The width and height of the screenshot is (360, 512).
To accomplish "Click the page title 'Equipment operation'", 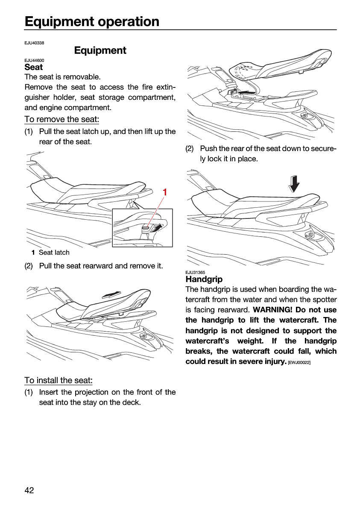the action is click(92, 22).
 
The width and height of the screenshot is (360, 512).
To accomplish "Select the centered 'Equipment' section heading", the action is click(100, 50).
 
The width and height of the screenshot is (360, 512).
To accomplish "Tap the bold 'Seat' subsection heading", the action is click(34, 67).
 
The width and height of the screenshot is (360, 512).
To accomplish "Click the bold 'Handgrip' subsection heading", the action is click(204, 279).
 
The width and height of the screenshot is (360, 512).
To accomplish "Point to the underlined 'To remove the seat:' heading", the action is click(62, 119).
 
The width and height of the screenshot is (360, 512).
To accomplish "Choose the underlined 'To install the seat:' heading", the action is click(59, 380).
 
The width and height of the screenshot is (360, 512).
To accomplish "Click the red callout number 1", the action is click(165, 192).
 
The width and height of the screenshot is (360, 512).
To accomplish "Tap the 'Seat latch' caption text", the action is click(54, 252).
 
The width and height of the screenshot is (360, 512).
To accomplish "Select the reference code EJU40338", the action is click(34, 43).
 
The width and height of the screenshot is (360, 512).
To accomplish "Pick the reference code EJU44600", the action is click(34, 60).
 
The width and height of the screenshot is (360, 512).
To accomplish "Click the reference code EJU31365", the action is click(195, 273).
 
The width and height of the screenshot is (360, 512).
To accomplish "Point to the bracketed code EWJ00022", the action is click(299, 363).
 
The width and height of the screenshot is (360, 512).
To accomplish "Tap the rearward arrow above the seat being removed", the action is click(111, 295).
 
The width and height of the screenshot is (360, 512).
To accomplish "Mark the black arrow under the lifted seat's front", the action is click(246, 92).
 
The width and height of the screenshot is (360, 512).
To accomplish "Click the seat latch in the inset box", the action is click(146, 227).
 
